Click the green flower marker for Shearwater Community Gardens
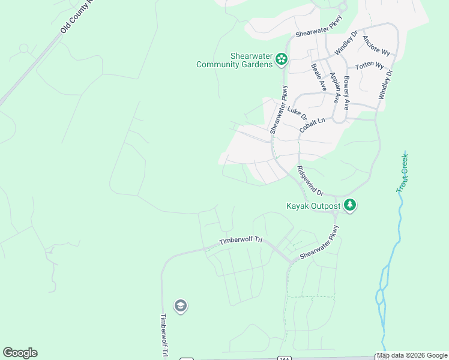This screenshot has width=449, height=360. point(282,59)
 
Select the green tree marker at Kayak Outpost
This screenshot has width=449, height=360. point(350,206)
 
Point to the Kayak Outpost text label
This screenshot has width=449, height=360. point(312,206)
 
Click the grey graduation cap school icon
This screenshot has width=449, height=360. point(180,307)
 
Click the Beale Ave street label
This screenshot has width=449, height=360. point(318,77)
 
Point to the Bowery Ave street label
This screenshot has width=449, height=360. point(346,92)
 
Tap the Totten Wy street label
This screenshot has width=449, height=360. point(369,65)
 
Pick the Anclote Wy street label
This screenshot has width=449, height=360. point(376,45)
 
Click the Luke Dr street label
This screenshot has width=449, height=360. point(297,112)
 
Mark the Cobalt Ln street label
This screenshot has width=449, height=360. point(312,125)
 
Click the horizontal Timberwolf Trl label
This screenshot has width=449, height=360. point(241,241)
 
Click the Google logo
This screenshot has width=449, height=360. point(20,353)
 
